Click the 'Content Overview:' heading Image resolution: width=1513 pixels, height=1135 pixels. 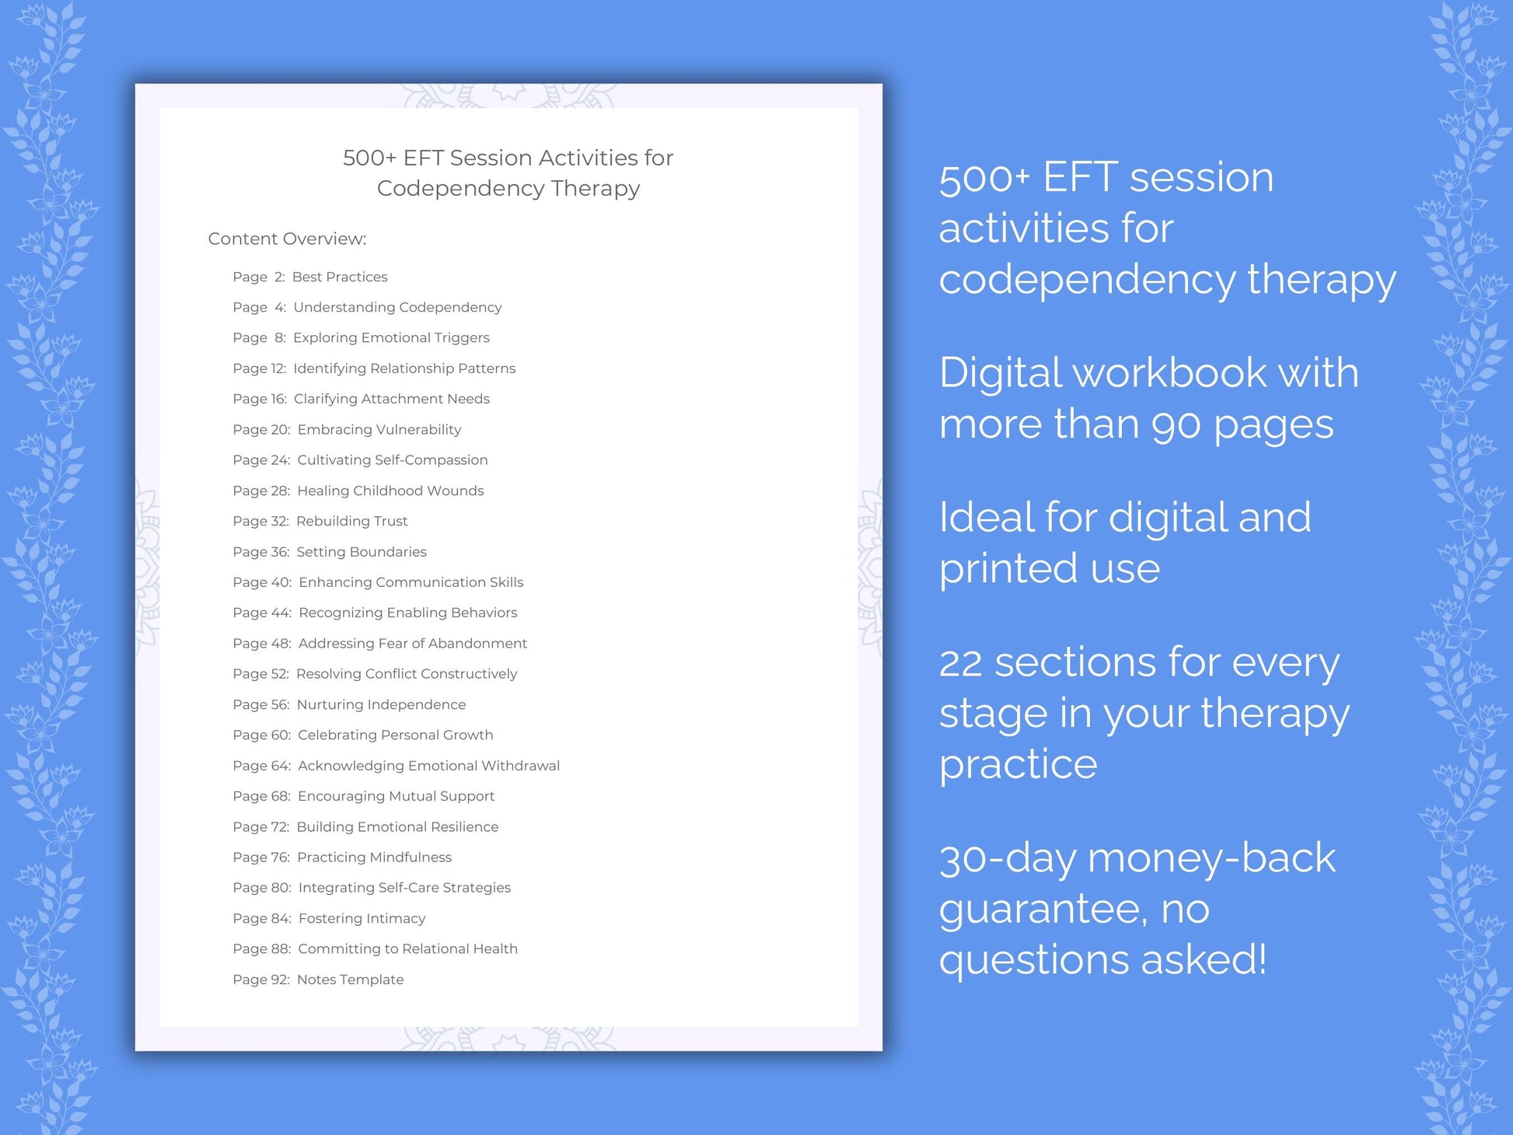point(287,239)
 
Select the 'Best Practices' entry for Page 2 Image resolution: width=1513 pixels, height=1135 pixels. point(339,277)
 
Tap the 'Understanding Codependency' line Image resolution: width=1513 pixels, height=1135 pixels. point(397,307)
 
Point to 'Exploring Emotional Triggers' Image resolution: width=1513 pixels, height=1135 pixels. point(391,337)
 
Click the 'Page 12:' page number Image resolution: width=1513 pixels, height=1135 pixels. point(259,368)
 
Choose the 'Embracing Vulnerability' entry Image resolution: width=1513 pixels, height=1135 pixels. point(379,429)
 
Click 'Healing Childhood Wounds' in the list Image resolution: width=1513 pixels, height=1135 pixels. point(390,491)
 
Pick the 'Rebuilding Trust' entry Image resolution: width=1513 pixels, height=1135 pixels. point(351,521)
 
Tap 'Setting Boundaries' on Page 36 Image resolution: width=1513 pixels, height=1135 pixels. point(361,552)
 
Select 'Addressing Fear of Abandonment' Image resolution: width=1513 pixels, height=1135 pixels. point(412,643)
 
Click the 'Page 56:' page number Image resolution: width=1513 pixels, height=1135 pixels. point(260,704)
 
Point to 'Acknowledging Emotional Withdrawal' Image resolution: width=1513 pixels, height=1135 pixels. point(428,766)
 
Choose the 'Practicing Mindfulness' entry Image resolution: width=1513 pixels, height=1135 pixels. point(374,857)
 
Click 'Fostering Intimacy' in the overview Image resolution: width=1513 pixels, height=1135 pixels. point(362,918)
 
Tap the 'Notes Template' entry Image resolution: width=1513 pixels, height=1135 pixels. point(350,980)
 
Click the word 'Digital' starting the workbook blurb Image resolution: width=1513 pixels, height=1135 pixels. point(1001,373)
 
